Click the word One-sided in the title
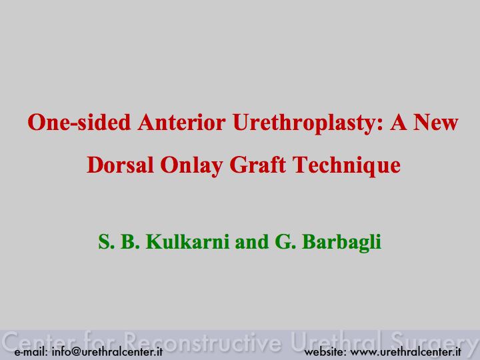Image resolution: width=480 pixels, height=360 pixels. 79,122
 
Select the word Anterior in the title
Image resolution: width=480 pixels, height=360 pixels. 181,122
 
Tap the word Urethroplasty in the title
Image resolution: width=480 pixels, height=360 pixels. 307,124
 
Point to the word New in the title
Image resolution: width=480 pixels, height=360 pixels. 435,122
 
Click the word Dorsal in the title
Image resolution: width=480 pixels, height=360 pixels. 120,165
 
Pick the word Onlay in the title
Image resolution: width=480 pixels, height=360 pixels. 191,167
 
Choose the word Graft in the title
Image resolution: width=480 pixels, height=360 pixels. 258,165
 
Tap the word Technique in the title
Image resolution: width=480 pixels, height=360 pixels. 347,167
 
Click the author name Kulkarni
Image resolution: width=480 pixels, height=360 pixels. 187,241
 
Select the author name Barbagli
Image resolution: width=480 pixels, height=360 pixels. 341,243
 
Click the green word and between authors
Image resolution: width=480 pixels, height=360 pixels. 252,241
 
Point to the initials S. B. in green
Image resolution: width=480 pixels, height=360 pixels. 119,241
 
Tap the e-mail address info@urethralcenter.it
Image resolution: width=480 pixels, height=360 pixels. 107,351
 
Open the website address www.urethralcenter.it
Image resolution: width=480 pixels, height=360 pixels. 405,351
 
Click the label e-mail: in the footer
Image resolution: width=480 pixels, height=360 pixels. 31,351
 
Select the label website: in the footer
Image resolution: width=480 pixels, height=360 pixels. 325,351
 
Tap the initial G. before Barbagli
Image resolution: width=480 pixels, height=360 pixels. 285,241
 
